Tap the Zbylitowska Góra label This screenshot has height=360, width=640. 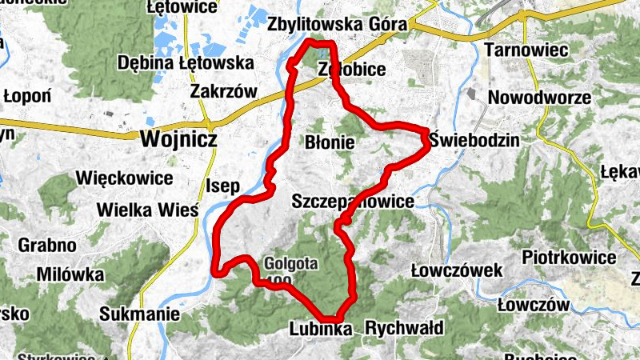pyautogui.click(x=338, y=24)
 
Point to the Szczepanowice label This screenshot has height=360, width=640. pyautogui.click(x=354, y=201)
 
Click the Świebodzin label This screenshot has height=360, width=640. pyautogui.click(x=474, y=140)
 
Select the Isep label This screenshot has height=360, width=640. pyautogui.click(x=223, y=187)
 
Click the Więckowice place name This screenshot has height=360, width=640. pyautogui.click(x=123, y=178)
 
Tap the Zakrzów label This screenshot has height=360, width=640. pyautogui.click(x=223, y=91)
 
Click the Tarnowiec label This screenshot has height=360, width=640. pyautogui.click(x=526, y=50)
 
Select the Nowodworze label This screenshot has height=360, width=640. pyautogui.click(x=539, y=98)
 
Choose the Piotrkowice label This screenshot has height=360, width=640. pyautogui.click(x=569, y=258)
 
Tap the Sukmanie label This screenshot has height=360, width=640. pyautogui.click(x=140, y=314)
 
